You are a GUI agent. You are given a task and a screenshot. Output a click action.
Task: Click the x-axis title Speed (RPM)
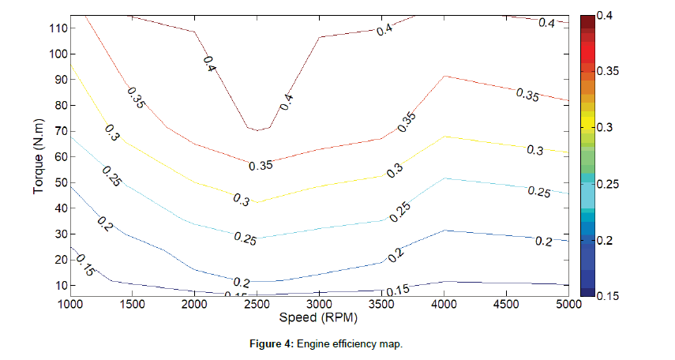pyautogui.click(x=320, y=319)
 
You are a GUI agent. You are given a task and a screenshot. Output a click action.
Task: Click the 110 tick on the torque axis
pyautogui.click(x=57, y=28)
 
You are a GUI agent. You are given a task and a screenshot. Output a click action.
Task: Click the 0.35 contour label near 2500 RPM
pyautogui.click(x=261, y=166)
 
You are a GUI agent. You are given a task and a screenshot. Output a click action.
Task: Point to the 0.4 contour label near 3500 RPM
pyautogui.click(x=384, y=30)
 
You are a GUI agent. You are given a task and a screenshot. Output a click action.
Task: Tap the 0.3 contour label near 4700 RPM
pyautogui.click(x=534, y=150)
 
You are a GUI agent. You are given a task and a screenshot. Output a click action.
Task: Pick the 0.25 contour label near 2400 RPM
pyautogui.click(x=245, y=240)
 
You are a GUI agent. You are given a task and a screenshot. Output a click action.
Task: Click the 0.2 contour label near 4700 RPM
pyautogui.click(x=543, y=242)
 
